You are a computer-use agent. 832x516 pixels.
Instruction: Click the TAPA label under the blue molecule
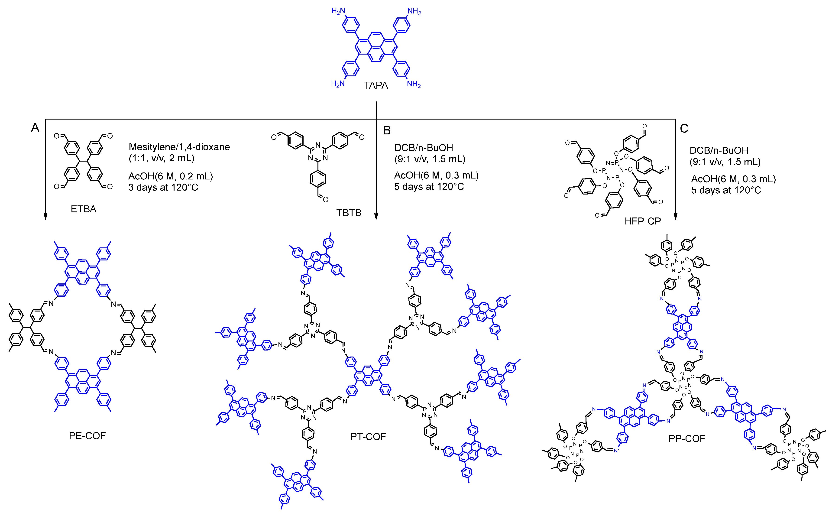[376, 85]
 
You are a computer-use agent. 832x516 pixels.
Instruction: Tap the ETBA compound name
[84, 209]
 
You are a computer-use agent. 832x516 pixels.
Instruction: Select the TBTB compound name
[349, 213]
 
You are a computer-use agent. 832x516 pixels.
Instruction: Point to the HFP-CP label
[642, 221]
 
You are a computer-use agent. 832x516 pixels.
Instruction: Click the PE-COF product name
[87, 436]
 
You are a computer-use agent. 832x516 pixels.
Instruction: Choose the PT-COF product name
[368, 437]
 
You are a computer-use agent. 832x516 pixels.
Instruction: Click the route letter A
[35, 128]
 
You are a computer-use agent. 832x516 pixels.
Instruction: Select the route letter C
[684, 128]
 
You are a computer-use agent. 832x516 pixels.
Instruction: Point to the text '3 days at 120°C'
[163, 187]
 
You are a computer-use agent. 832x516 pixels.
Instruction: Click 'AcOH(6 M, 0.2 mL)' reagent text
[171, 176]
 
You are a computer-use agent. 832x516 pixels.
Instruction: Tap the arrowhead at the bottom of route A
[45, 217]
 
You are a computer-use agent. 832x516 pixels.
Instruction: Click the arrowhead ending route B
[376, 217]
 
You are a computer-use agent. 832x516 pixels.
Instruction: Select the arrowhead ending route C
[675, 217]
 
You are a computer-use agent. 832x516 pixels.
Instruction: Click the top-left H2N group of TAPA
[338, 11]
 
